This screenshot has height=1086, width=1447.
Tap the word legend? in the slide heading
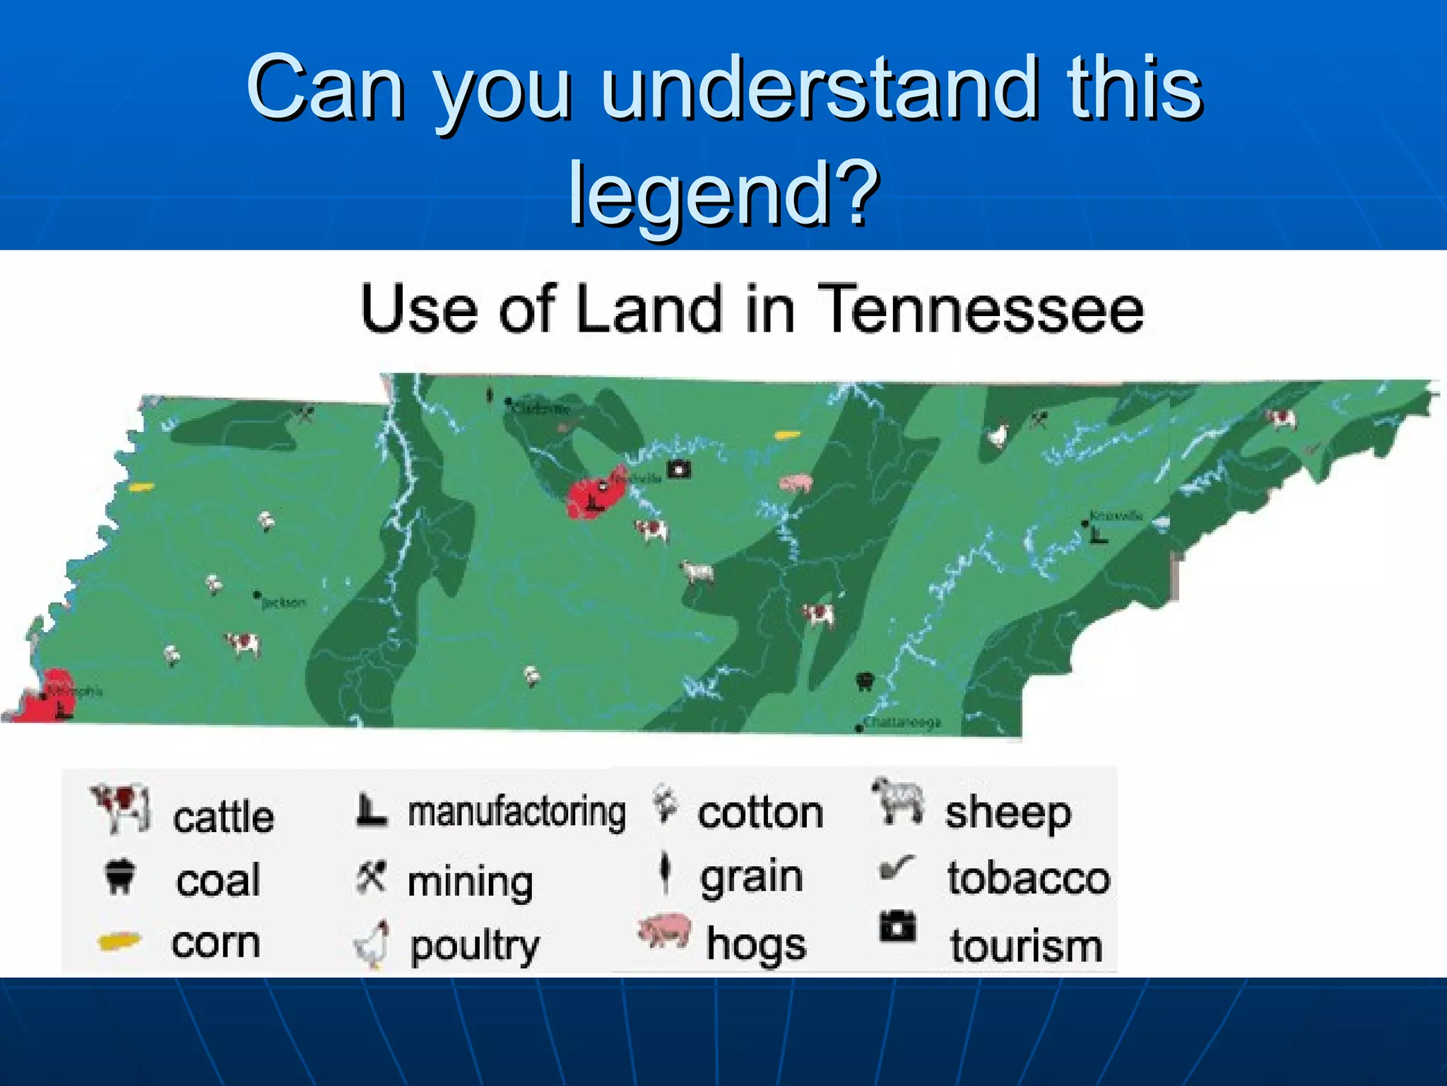[723, 192]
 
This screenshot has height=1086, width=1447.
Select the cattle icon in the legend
[121, 807]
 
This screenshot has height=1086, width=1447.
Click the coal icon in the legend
[119, 877]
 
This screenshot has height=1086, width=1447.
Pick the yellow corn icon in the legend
[119, 942]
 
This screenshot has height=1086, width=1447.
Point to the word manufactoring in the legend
[516, 812]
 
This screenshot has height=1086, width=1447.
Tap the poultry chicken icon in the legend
[372, 945]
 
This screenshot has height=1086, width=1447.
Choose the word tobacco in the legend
[1029, 878]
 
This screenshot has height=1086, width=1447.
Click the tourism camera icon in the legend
[897, 926]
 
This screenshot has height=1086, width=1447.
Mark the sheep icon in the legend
[897, 800]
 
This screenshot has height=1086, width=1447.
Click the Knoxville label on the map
[1116, 515]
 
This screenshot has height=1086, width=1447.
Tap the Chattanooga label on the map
[903, 723]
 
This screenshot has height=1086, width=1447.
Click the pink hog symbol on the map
[796, 483]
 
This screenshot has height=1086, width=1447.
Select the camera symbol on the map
[680, 469]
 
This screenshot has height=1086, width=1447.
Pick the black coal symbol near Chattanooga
[865, 682]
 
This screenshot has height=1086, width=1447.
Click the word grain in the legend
[751, 877]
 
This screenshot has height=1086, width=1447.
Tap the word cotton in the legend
[760, 813]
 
